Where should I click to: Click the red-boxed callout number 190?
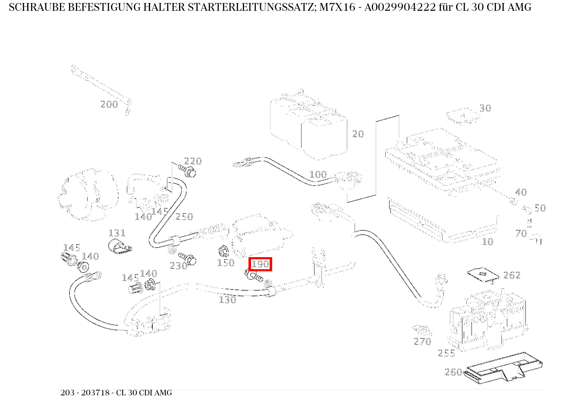coord(261,264)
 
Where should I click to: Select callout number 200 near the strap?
coord(109,104)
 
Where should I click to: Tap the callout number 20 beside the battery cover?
coord(358,134)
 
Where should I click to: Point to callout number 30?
coord(485,109)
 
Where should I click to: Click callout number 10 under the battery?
coord(487,242)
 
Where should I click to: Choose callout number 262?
coord(512,275)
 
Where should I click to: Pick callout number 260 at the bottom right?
coord(453,372)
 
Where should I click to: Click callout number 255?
coord(446,354)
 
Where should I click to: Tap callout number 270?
coord(422,342)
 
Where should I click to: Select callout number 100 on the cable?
coord(318,174)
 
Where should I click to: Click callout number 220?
coord(193,161)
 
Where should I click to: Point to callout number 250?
coord(184,217)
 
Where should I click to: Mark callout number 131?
coord(117,233)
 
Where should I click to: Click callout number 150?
coord(226,263)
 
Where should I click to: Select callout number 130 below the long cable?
coord(227,300)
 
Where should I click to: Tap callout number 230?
coord(178,266)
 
